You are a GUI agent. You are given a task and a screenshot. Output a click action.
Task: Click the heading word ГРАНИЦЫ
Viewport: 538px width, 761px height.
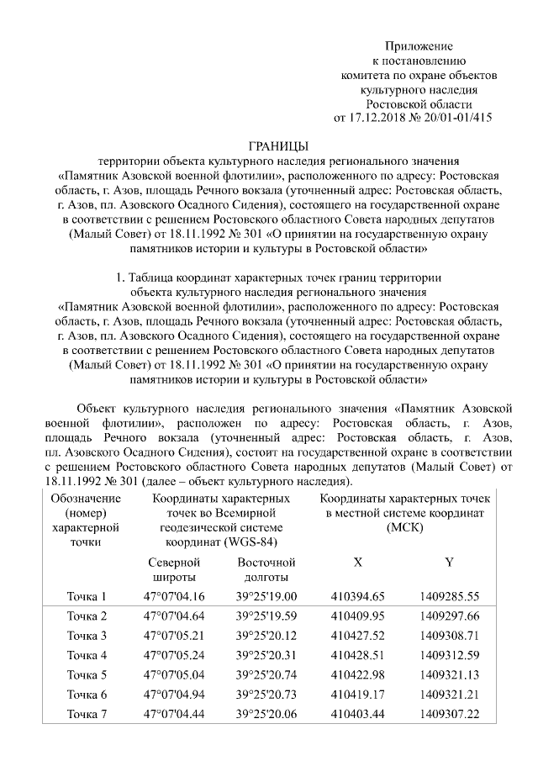[x=279, y=146]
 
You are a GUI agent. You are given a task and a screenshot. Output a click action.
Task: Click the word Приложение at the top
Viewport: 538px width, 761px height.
[x=419, y=45]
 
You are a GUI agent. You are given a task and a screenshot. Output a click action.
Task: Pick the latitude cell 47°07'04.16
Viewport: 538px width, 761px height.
[x=175, y=597]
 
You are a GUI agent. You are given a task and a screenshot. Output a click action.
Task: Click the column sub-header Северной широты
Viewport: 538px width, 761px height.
[x=175, y=569]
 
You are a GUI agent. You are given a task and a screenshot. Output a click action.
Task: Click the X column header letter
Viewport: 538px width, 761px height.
[x=358, y=562]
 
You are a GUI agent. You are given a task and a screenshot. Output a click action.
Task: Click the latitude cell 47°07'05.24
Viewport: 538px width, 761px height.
[x=175, y=655]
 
